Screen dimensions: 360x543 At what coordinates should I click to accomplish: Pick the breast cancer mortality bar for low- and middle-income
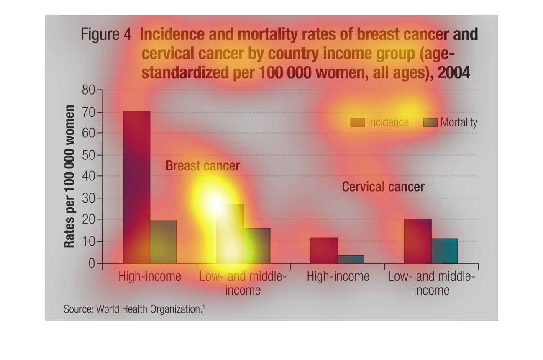(x=257, y=246)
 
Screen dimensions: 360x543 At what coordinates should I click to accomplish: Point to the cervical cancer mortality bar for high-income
(x=351, y=259)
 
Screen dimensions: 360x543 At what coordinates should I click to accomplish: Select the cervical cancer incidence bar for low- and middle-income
(x=417, y=241)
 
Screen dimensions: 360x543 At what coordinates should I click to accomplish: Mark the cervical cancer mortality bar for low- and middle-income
(x=444, y=251)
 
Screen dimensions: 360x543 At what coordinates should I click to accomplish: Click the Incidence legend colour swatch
(x=358, y=122)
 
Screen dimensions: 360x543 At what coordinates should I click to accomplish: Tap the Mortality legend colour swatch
(x=430, y=122)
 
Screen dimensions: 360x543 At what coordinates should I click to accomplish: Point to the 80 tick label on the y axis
(x=89, y=90)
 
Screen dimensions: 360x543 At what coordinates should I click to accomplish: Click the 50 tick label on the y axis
(x=89, y=155)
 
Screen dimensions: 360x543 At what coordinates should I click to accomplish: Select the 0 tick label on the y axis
(x=92, y=263)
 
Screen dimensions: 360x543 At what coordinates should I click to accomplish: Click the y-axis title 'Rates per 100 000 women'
(x=69, y=176)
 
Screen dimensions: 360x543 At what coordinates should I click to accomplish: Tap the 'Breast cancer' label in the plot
(x=202, y=166)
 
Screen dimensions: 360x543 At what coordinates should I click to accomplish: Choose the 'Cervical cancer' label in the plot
(x=383, y=187)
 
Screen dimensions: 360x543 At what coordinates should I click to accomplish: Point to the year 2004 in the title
(x=454, y=73)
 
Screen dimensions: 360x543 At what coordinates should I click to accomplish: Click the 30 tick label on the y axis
(x=89, y=198)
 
